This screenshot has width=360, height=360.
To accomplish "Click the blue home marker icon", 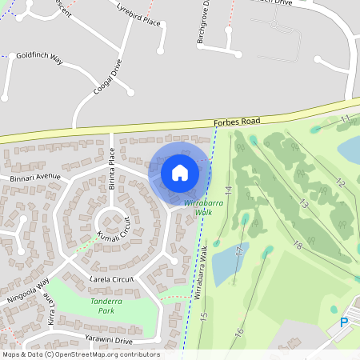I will [180, 173].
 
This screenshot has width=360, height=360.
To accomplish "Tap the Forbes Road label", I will [237, 122].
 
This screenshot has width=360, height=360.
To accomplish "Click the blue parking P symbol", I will [344, 323].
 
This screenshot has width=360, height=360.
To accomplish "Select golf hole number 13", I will [303, 204].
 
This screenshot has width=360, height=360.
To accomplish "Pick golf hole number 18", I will [298, 244].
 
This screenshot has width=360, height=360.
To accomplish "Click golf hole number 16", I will [238, 331].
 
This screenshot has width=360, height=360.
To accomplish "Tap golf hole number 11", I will [346, 118].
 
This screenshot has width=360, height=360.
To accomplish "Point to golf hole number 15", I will [203, 317].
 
